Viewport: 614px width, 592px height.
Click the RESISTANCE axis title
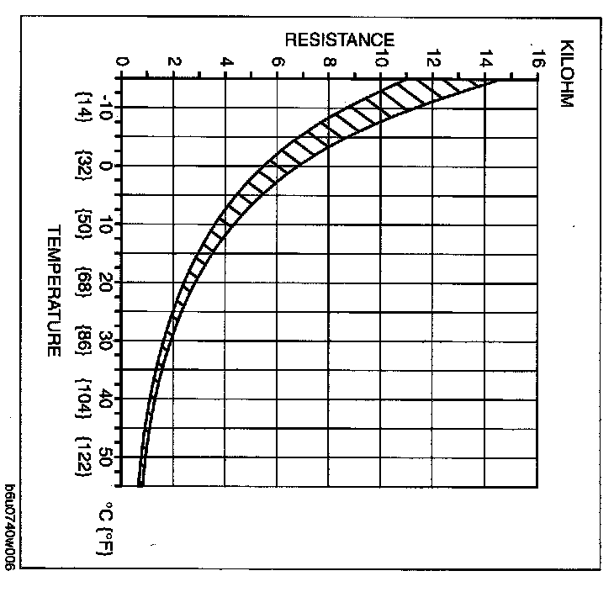pos(339,40)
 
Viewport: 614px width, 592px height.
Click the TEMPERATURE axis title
pos(53,290)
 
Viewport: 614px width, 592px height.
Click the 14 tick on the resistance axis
pos(486,61)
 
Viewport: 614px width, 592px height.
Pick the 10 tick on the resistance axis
pos(382,61)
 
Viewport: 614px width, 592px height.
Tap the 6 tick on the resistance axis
pos(278,61)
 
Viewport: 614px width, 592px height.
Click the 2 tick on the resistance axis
pos(174,61)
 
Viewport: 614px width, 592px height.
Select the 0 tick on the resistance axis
pos(123,61)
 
